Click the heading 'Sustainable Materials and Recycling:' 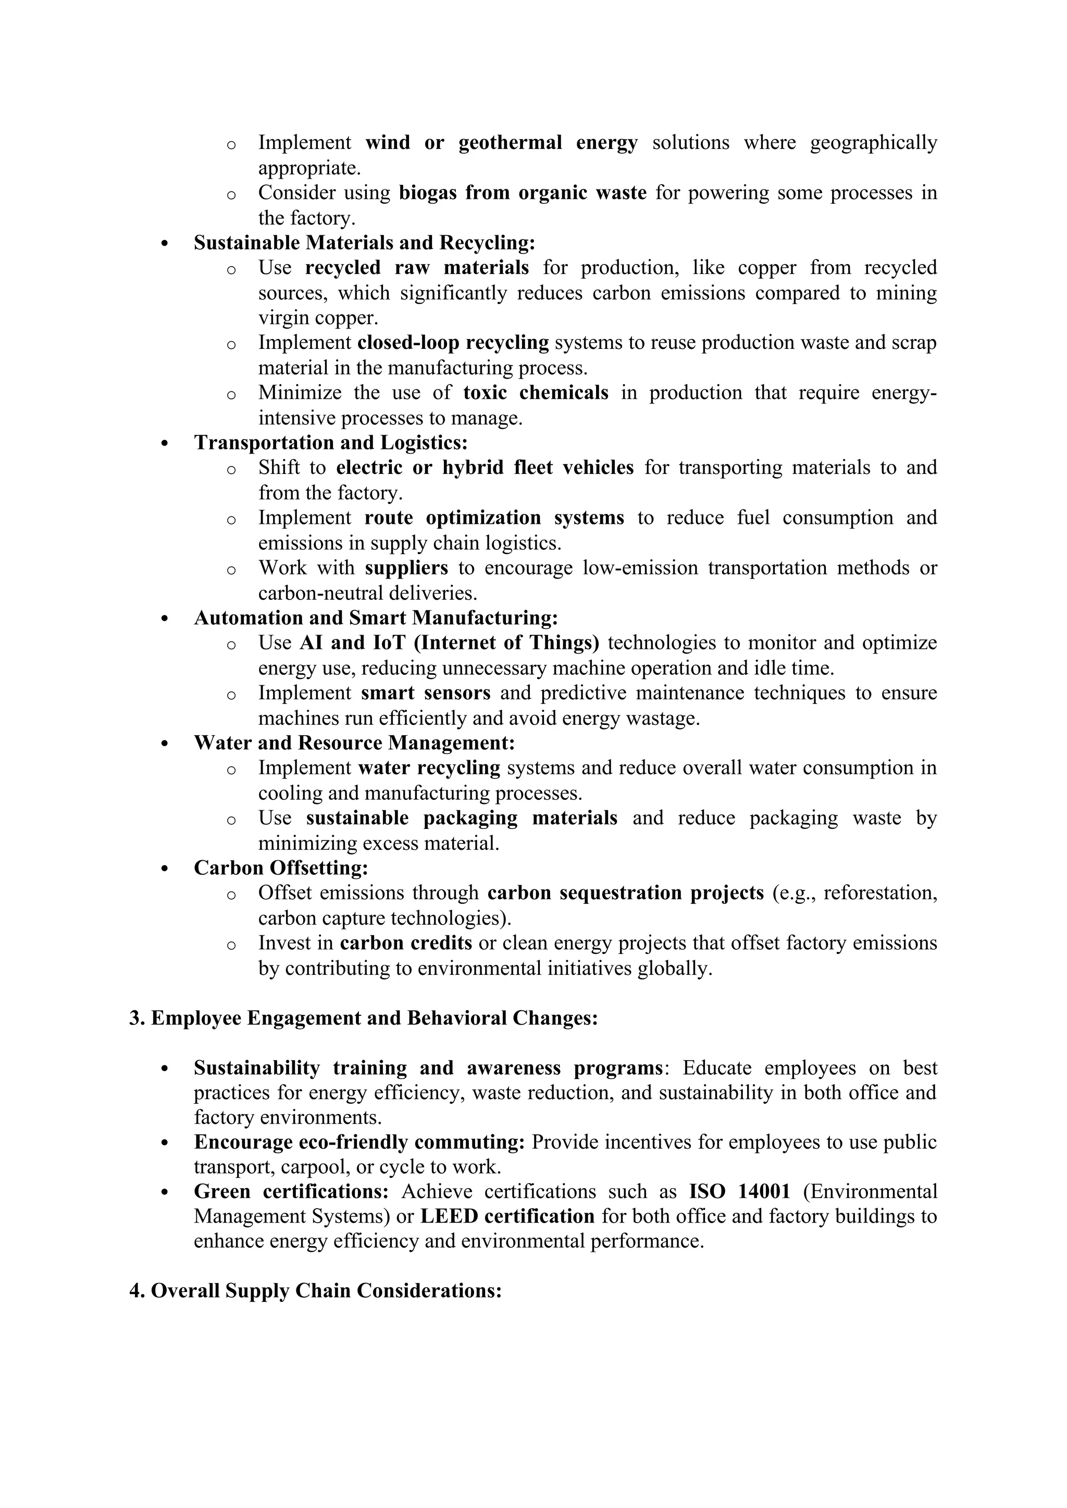pyautogui.click(x=364, y=243)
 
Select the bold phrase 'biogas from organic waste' pyautogui.click(x=523, y=193)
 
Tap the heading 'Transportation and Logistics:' pyautogui.click(x=330, y=443)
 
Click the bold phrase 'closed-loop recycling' pyautogui.click(x=453, y=343)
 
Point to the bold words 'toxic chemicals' pyautogui.click(x=536, y=393)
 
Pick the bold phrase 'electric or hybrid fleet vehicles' pyautogui.click(x=485, y=468)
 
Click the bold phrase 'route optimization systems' pyautogui.click(x=494, y=518)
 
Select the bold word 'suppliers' pyautogui.click(x=407, y=568)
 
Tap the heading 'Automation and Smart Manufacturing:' pyautogui.click(x=375, y=618)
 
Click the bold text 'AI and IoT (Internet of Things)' pyautogui.click(x=450, y=643)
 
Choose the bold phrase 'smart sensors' pyautogui.click(x=426, y=693)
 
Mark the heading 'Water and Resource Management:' pyautogui.click(x=354, y=743)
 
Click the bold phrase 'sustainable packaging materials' pyautogui.click(x=461, y=819)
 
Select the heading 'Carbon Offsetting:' pyautogui.click(x=280, y=868)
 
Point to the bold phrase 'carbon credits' pyautogui.click(x=406, y=943)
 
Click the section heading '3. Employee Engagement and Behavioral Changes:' pyautogui.click(x=363, y=1019)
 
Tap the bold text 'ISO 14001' pyautogui.click(x=739, y=1191)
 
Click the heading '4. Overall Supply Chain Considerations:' pyautogui.click(x=315, y=1291)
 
